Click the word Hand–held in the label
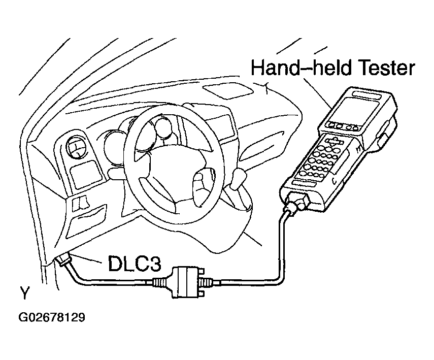[295, 68]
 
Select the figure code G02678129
[52, 318]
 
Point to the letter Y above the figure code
[24, 293]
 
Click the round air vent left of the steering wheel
[77, 149]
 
